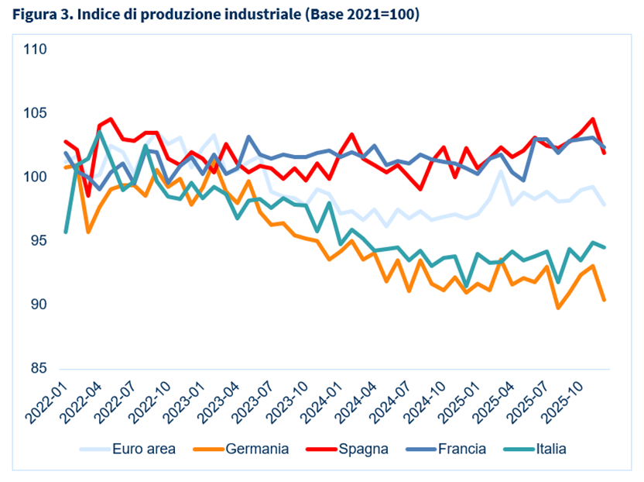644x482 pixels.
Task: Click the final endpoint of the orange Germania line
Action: (x=604, y=300)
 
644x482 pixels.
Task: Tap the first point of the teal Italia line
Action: (x=66, y=232)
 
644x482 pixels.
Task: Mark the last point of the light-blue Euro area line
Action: (x=604, y=205)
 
